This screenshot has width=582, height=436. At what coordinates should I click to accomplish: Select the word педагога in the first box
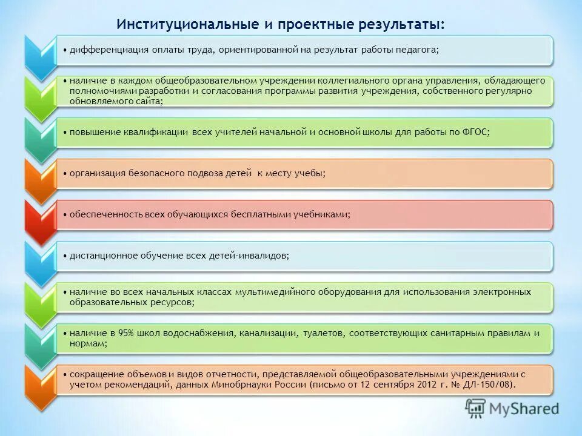coord(416,50)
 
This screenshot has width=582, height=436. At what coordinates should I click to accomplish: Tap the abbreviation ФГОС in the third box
coord(474,133)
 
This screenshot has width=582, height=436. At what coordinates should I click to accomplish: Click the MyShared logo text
coord(525,409)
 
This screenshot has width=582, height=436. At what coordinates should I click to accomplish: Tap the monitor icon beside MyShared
coord(476,409)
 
